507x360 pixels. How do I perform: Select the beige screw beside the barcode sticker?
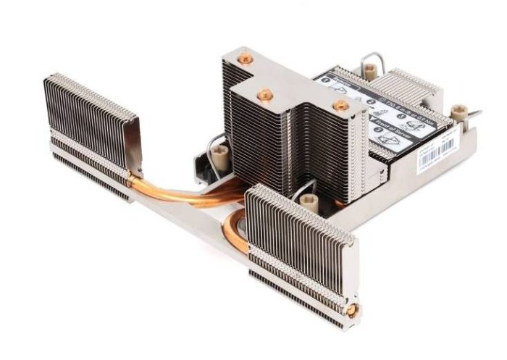(x=456, y=112)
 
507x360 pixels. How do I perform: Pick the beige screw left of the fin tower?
(x=219, y=153)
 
